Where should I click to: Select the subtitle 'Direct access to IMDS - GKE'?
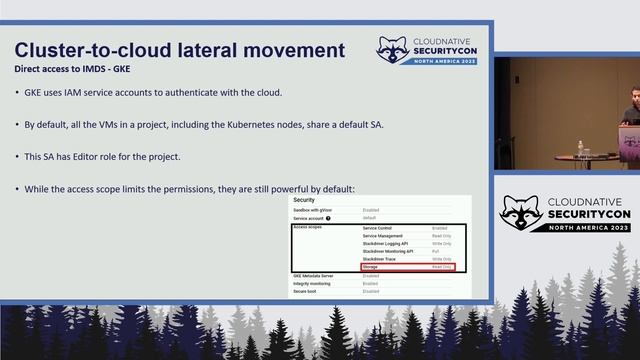pos(71,69)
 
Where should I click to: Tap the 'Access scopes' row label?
pos(309,228)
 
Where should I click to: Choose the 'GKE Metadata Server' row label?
pos(314,275)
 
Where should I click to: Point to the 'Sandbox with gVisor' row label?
pos(313,210)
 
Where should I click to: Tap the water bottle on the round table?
pos(582,154)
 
